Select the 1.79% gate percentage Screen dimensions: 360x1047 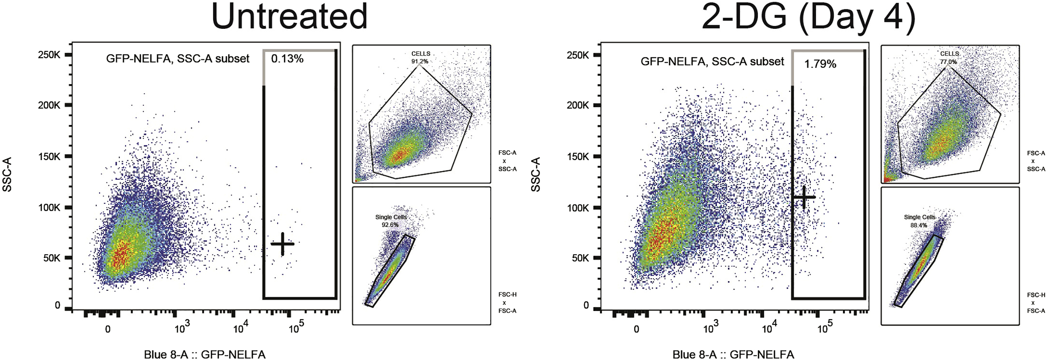[x=820, y=64]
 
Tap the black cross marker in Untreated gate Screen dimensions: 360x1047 [x=282, y=244]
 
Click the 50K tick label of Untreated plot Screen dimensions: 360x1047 [x=52, y=258]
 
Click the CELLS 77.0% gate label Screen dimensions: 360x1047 [x=949, y=57]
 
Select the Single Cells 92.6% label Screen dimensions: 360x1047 [x=390, y=221]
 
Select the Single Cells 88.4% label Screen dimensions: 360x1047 [x=919, y=221]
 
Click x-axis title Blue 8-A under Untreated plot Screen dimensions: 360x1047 [x=204, y=354]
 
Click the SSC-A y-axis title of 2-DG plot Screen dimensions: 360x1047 [x=536, y=175]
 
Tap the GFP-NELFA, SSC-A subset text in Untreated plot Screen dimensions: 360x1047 [x=178, y=59]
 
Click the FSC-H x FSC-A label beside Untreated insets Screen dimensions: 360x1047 [x=507, y=303]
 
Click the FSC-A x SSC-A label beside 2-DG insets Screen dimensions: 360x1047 [x=1035, y=161]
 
